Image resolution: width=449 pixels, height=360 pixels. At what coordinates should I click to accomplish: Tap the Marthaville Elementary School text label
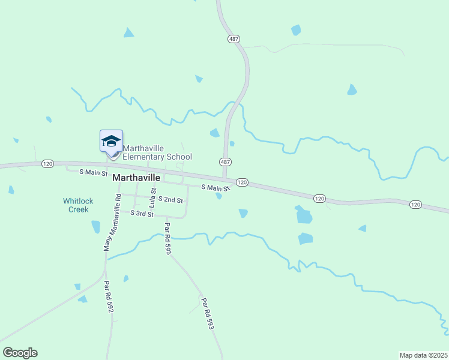(157, 152)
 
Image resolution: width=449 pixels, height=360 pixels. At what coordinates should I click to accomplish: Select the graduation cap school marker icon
(111, 141)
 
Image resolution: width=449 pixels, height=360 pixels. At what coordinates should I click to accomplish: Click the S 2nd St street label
(170, 199)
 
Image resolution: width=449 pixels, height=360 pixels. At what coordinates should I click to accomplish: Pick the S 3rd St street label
(142, 214)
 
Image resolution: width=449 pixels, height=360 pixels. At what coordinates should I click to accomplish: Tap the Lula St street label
(152, 198)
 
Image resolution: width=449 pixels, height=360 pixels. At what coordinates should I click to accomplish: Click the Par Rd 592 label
(108, 297)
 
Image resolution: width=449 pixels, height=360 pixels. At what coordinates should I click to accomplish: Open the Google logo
(20, 353)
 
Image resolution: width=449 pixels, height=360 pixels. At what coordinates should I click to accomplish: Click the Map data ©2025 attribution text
(423, 355)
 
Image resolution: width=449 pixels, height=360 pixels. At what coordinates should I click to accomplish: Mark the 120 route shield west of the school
(48, 163)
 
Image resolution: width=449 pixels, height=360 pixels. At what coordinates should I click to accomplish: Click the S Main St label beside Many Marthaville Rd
(94, 172)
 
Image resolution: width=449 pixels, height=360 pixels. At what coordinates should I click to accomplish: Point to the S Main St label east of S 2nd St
(215, 187)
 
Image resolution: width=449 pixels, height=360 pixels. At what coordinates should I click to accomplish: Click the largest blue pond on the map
(304, 215)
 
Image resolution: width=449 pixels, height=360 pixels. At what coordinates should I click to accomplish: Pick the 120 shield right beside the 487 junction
(242, 182)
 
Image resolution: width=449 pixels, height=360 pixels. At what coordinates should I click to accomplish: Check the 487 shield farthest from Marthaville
(234, 39)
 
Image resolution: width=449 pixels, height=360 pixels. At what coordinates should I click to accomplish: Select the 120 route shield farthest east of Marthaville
(415, 205)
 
